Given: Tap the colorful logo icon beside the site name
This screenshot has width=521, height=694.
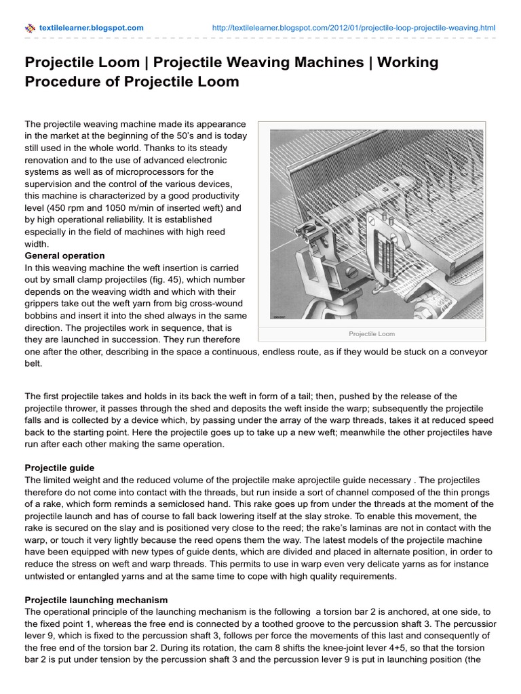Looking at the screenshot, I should [x=30, y=28].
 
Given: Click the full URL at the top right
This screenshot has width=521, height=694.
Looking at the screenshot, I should [x=353, y=28].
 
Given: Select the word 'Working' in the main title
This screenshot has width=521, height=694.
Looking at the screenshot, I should [x=408, y=63].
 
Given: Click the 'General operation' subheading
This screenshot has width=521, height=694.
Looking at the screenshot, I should [x=64, y=256].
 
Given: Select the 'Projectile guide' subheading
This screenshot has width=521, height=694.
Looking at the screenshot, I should [x=60, y=468].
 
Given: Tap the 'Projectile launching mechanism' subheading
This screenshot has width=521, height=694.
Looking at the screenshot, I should [x=96, y=600].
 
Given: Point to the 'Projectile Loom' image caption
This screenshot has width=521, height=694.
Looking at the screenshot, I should [x=372, y=334].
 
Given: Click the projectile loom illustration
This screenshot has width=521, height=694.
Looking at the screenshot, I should [x=372, y=224].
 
